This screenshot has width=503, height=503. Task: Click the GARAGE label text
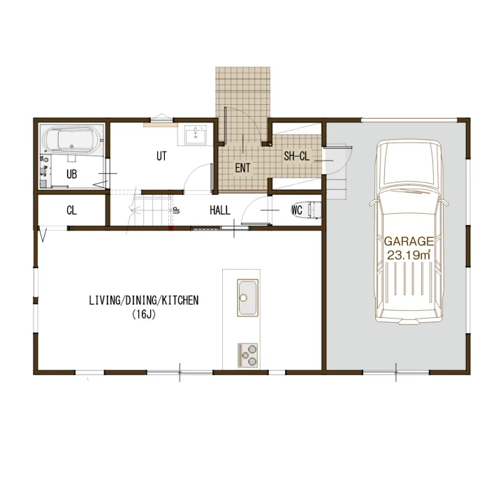[409, 241]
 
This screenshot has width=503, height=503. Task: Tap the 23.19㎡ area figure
[409, 255]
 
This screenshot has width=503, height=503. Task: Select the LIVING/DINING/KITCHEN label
[144, 300]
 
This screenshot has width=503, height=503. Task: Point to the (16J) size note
[144, 314]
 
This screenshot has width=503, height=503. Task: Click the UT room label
[161, 156]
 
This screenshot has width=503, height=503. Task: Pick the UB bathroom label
[72, 174]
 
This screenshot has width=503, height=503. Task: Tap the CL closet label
[71, 210]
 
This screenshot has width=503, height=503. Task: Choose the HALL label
[220, 210]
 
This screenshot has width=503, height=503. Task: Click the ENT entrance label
[242, 168]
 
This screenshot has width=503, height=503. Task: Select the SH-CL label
[297, 156]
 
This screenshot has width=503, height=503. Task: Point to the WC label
[297, 210]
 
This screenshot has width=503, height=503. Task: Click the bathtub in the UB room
[72, 140]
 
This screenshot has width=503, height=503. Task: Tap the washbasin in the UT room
[196, 135]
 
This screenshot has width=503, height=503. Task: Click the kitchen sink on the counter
[247, 298]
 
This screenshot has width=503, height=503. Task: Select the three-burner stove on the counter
[247, 355]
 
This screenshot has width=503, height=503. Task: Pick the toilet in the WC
[314, 210]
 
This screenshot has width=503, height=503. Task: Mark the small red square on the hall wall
[171, 228]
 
